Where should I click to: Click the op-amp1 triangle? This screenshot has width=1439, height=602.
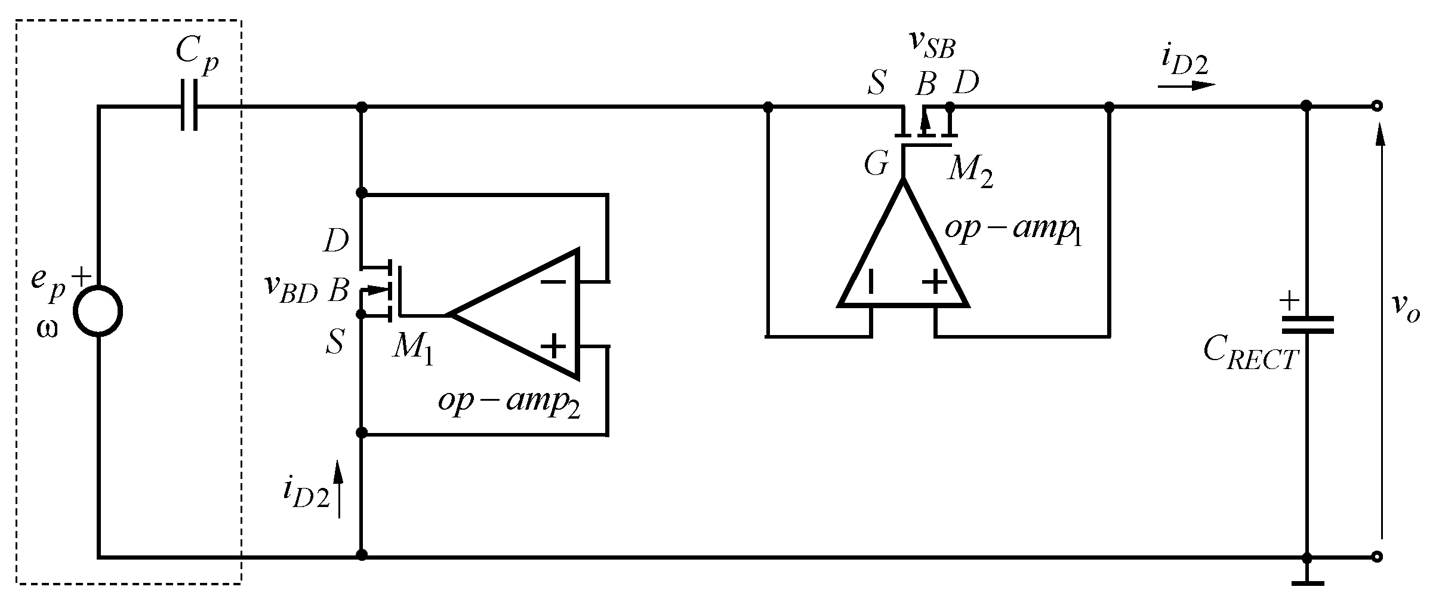point(903,257)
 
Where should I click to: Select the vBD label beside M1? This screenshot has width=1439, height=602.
point(291,291)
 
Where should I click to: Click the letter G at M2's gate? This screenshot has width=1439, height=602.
point(876,164)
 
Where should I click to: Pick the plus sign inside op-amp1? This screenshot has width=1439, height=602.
point(935,282)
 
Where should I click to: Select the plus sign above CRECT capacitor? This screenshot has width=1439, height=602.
point(1289,300)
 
